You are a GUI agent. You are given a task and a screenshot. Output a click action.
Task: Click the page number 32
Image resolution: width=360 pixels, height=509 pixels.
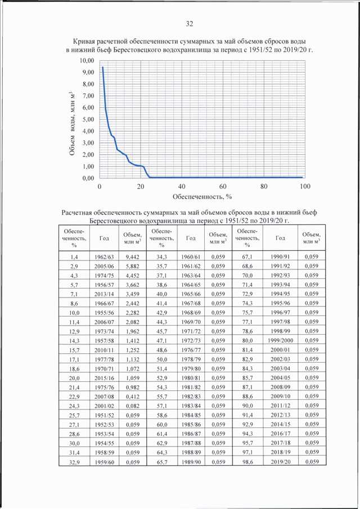pyautogui.click(x=189, y=24)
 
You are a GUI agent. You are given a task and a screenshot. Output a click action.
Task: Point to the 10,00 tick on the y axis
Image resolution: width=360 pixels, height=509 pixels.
pyautogui.click(x=87, y=61)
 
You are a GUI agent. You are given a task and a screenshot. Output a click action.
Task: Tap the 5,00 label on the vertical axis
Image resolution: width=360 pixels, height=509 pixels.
pyautogui.click(x=88, y=119)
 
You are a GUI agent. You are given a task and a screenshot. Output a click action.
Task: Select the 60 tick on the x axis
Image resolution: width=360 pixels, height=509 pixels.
pyautogui.click(x=223, y=186)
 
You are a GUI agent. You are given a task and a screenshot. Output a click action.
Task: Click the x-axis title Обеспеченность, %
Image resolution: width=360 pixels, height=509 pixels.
pyautogui.click(x=202, y=196)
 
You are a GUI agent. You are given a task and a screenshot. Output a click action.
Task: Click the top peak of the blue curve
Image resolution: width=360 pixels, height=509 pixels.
pyautogui.click(x=102, y=67)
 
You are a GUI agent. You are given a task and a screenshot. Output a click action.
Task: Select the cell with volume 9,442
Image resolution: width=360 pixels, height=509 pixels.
pyautogui.click(x=132, y=257)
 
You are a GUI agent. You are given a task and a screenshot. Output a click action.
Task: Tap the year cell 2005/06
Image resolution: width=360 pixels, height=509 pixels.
pyautogui.click(x=104, y=266)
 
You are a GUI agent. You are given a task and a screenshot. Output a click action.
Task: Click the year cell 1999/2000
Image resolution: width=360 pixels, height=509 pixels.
pyautogui.click(x=281, y=340)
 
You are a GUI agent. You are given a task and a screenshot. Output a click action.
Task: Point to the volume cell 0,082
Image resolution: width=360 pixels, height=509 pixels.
pyautogui.click(x=132, y=406)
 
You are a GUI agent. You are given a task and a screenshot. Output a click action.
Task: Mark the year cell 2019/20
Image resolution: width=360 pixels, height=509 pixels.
pyautogui.click(x=281, y=462)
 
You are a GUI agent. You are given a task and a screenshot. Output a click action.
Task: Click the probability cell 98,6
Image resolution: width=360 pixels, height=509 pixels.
pyautogui.click(x=247, y=462)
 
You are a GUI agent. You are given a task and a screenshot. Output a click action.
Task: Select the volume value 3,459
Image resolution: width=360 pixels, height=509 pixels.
pyautogui.click(x=132, y=294)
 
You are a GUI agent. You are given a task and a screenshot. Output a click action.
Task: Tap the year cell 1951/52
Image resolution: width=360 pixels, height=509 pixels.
pyautogui.click(x=104, y=415)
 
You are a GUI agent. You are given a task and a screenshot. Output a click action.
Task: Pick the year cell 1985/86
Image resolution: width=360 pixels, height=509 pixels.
pyautogui.click(x=191, y=424)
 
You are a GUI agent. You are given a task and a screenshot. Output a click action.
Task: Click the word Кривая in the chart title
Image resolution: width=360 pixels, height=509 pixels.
pyautogui.click(x=84, y=42)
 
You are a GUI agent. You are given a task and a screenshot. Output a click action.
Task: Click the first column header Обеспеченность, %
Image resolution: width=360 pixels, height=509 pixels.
pyautogui.click(x=74, y=238)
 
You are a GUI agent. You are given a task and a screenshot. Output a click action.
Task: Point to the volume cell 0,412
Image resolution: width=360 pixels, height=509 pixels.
pyautogui.click(x=132, y=397)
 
